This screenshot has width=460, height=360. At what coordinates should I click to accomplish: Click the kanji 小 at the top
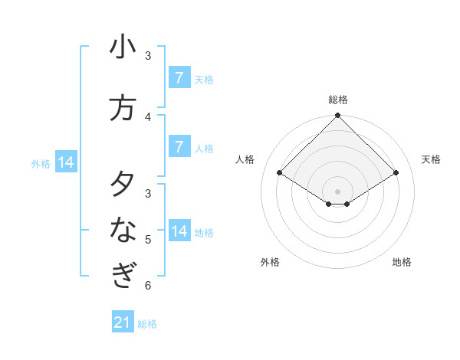click(123, 47)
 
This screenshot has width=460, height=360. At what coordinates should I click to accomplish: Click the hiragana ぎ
click(123, 274)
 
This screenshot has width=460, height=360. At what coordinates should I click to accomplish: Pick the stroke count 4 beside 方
click(148, 116)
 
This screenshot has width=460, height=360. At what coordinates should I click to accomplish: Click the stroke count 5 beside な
click(148, 240)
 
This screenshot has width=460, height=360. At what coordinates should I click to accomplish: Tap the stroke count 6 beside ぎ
click(148, 286)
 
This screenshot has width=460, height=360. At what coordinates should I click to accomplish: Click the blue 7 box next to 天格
click(179, 77)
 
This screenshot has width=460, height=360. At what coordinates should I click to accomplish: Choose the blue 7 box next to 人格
click(179, 146)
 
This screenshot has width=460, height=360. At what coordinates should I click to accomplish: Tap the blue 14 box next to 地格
click(179, 231)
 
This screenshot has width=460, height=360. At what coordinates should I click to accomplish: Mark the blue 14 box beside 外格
click(66, 162)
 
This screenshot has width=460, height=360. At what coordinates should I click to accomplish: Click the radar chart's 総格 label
click(338, 100)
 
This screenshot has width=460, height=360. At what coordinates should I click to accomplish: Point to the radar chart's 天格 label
click(432, 159)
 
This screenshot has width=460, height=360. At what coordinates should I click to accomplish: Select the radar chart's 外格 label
click(270, 262)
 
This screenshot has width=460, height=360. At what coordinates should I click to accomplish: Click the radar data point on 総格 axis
click(338, 116)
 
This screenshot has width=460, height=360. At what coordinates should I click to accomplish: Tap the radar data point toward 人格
click(279, 173)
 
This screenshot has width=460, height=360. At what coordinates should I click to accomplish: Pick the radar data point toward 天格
click(396, 173)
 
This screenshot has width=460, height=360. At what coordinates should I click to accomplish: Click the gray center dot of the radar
click(338, 191)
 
